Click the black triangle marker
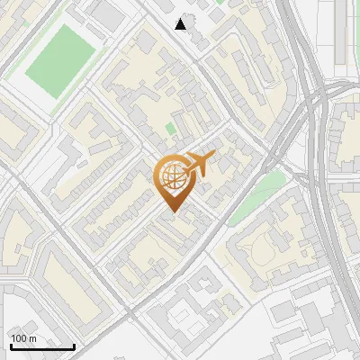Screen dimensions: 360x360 (181, 23)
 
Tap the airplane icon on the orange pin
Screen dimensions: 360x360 (198, 165)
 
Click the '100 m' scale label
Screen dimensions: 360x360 (23, 337)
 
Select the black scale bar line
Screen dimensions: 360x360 (41, 346)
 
